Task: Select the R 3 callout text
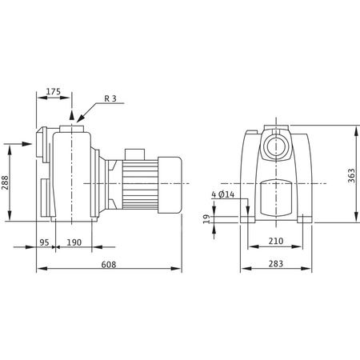112,99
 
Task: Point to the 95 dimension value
45,242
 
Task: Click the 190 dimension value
73,242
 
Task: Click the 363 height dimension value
351,177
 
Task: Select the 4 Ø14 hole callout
223,194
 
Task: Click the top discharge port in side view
74,126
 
